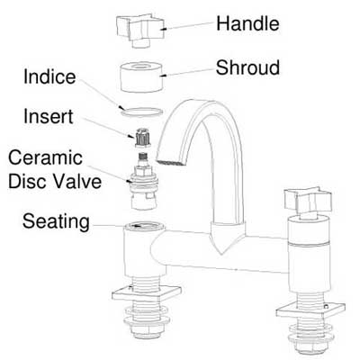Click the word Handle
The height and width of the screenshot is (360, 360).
(x=247, y=23)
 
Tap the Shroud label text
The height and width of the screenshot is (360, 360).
(x=247, y=67)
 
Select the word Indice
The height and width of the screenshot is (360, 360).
(x=49, y=76)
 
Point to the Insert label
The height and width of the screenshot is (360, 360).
(x=49, y=116)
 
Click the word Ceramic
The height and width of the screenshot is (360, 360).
(x=45, y=157)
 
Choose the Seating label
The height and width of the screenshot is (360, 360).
(x=56, y=221)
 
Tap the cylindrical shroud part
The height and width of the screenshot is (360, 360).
(x=141, y=77)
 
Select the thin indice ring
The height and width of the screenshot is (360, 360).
(x=141, y=115)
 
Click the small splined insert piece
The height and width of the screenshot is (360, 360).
(x=143, y=138)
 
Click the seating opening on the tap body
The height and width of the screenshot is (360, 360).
(x=144, y=225)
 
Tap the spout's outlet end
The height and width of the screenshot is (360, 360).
(x=170, y=162)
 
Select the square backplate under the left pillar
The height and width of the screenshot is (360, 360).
(x=147, y=293)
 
